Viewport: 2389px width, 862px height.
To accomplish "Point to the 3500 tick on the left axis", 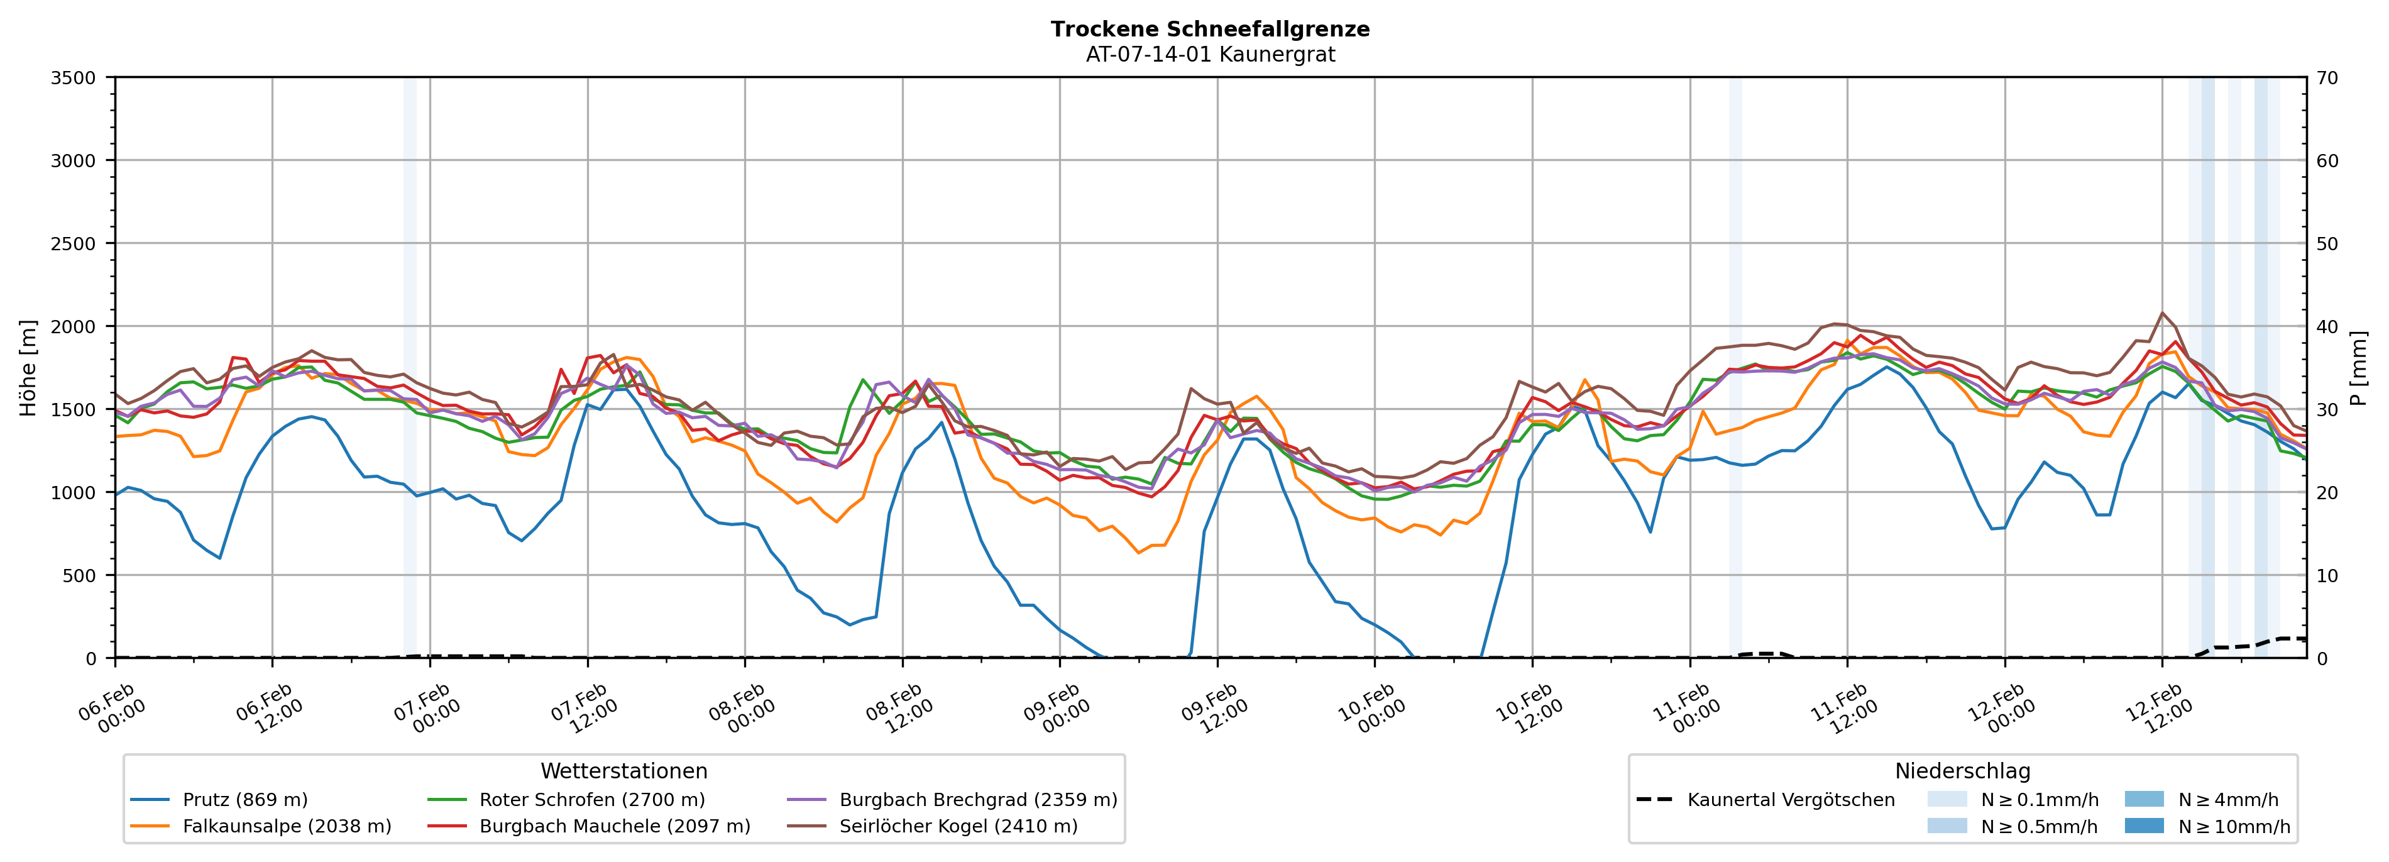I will (x=74, y=78).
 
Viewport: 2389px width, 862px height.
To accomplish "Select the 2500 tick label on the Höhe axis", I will (x=74, y=244).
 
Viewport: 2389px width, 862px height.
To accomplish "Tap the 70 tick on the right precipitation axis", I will (x=2327, y=78).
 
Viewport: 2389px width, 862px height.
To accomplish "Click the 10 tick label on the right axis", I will (x=2327, y=575).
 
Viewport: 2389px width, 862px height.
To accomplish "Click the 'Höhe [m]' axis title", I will (x=28, y=367).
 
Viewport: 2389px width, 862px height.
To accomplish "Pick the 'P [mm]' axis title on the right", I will (x=2358, y=367).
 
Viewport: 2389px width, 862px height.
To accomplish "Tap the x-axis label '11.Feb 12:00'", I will (x=1843, y=709).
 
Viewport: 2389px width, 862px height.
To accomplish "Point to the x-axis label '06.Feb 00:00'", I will (x=111, y=709).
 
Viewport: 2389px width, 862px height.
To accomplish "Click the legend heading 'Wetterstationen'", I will (x=623, y=771).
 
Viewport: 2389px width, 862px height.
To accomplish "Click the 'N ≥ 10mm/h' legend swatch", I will (x=2143, y=826).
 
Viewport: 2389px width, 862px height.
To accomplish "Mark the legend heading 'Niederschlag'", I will (x=1962, y=771).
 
